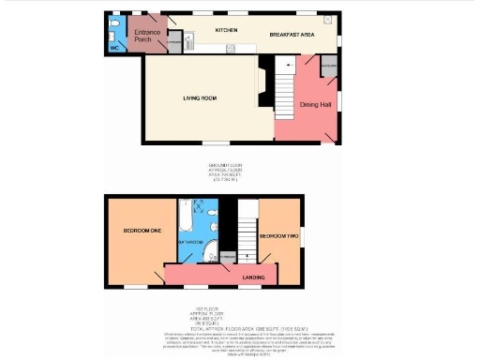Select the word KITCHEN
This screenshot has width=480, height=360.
[226, 30]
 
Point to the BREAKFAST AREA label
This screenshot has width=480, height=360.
[292, 35]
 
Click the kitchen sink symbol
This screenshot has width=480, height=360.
[187, 40]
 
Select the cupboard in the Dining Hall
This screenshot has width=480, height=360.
[328, 69]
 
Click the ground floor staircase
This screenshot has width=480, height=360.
[283, 90]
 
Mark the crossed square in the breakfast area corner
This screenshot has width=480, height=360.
[327, 20]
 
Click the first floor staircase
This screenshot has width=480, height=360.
[247, 234]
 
